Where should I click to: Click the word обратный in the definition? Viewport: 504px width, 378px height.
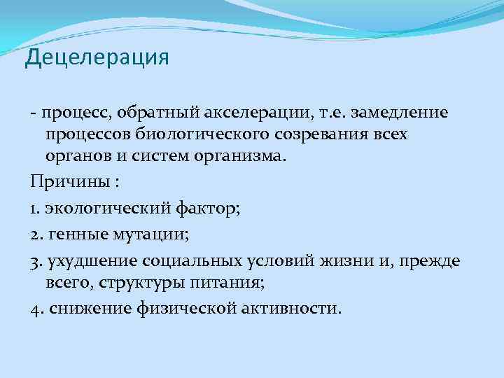157,112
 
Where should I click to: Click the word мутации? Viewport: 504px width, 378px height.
150,234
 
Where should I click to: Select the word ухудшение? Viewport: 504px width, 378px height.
89,261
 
